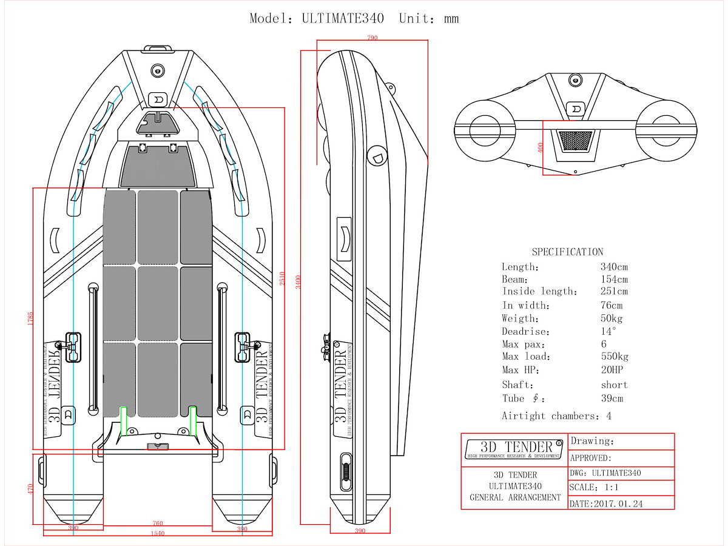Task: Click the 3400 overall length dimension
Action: coord(298,282)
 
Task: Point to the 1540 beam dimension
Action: coord(157,533)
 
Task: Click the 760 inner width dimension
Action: coord(157,524)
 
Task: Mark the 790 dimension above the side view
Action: coord(372,38)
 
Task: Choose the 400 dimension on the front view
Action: coord(540,147)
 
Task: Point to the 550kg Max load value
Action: coord(615,357)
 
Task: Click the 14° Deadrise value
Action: coord(608,332)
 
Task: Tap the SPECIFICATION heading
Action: coord(567,252)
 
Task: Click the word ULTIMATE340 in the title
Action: coord(343,18)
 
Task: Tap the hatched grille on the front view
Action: coord(575,141)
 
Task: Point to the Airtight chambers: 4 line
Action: coord(556,416)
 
